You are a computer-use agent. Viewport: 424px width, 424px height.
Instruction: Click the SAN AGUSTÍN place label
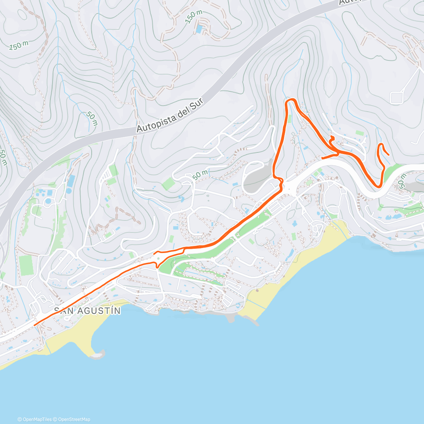87,311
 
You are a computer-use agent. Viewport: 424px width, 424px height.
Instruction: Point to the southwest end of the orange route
34,325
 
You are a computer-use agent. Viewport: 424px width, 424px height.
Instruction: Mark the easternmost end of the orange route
389,155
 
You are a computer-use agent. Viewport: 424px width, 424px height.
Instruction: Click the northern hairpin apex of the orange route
290,100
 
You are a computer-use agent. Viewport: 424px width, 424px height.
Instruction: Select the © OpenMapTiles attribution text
35,419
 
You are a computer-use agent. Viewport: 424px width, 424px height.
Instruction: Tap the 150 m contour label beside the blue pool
194,17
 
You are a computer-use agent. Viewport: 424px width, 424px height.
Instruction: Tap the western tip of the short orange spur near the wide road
154,253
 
